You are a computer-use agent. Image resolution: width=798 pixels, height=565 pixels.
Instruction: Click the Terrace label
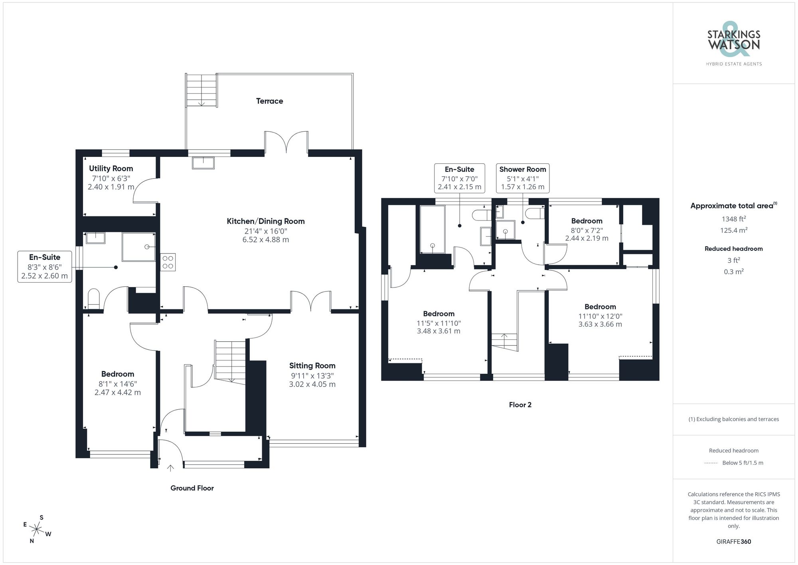[270, 101]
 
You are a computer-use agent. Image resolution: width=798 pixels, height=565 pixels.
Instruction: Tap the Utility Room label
[111, 169]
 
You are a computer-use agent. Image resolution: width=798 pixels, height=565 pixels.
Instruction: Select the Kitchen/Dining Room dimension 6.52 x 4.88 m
[266, 240]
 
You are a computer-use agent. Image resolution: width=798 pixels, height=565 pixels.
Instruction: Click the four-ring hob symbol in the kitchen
[168, 262]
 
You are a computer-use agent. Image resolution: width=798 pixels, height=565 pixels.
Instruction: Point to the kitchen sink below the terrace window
[203, 163]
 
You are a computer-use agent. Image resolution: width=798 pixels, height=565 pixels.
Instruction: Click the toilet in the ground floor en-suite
[93, 298]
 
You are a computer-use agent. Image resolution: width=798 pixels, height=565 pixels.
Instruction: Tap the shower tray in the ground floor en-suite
[138, 247]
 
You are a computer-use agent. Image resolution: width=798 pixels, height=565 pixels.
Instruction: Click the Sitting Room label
[312, 366]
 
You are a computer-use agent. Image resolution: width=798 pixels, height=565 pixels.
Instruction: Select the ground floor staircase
[230, 361]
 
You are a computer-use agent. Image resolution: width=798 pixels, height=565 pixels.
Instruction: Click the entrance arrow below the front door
[170, 468]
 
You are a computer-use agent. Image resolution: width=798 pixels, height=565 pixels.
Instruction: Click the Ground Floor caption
[192, 488]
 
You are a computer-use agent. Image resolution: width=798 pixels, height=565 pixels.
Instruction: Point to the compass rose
[37, 530]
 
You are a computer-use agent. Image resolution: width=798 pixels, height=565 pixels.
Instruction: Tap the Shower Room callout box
[522, 178]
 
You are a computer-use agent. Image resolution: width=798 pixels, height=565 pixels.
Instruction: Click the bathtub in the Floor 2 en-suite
[432, 229]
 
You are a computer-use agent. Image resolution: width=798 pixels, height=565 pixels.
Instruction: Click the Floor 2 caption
[520, 405]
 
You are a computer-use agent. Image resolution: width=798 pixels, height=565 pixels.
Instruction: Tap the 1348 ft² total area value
[733, 219]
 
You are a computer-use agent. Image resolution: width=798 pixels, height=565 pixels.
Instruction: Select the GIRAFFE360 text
[733, 542]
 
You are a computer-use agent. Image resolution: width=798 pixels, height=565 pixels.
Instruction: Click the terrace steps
[201, 91]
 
